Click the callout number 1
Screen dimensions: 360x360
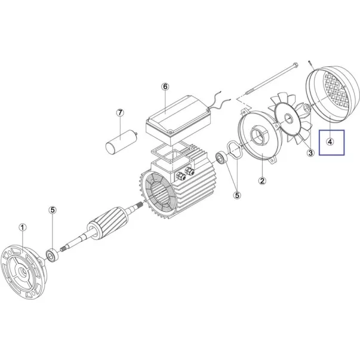tap(23, 227)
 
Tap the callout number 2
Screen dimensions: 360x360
tap(262, 181)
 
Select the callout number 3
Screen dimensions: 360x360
tap(310, 153)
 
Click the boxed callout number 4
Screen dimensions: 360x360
tap(330, 142)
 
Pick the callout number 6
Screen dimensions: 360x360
tap(165, 87)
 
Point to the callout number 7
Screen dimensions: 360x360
tap(120, 113)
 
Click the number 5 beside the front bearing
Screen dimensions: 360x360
tap(53, 210)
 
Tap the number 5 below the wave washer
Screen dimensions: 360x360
tap(237, 195)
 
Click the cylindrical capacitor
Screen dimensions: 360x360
tap(121, 141)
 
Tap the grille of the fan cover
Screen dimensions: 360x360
tap(336, 90)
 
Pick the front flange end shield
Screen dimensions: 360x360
tap(24, 272)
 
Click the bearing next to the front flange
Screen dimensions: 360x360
tap(52, 256)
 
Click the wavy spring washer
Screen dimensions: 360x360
tap(234, 150)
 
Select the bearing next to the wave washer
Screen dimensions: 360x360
tap(221, 158)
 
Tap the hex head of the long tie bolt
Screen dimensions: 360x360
tap(296, 64)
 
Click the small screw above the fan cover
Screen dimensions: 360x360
tap(310, 64)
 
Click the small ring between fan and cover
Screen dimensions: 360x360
tap(307, 107)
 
